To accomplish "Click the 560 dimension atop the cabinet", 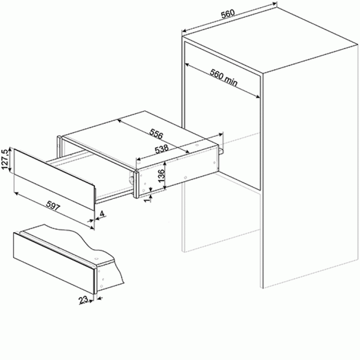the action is pos(228,13).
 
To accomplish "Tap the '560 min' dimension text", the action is pos(223,78).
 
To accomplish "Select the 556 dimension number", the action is pos(156,134).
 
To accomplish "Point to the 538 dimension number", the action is pos(162,149).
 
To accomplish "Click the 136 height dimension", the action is pos(162,175).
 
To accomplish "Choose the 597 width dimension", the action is pos(53,206).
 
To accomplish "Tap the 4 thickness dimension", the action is pos(102,214).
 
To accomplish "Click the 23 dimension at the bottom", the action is pos(83,300).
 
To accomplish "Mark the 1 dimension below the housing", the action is pos(148,199).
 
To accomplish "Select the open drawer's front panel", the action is pos(54,179).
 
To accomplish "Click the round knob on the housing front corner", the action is pos(131,180).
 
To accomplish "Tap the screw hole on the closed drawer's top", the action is pos(96,259).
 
